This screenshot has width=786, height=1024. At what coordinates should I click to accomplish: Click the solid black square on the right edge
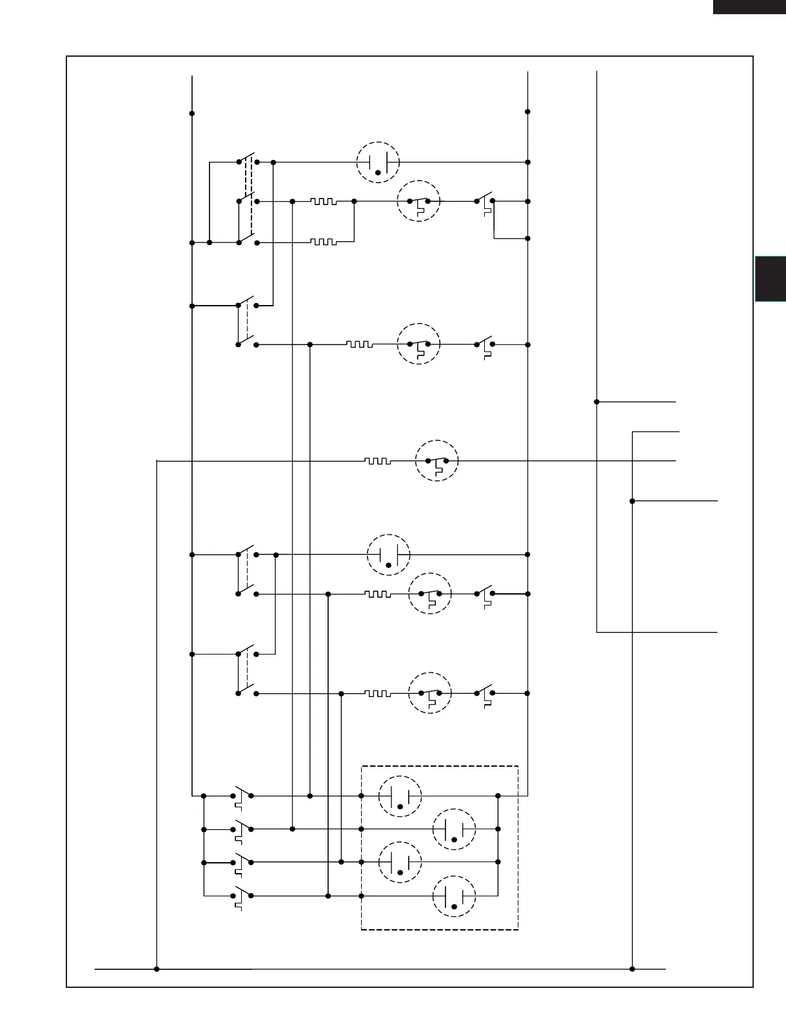[771, 279]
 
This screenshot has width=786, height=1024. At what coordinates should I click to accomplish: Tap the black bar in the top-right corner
[749, 6]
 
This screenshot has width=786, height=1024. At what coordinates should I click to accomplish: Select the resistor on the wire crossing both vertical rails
[377, 461]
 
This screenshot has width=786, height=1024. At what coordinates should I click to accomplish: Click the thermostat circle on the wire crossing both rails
[437, 461]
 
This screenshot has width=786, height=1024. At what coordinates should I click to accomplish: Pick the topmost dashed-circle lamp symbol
[378, 162]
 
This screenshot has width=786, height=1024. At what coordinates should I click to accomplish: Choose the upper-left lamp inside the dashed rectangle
[400, 796]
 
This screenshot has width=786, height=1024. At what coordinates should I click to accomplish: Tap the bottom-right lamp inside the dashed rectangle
[454, 896]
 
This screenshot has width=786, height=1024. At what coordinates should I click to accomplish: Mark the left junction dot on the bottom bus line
[157, 969]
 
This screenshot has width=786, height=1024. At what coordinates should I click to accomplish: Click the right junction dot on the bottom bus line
[632, 969]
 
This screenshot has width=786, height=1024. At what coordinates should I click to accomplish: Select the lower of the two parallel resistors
[323, 242]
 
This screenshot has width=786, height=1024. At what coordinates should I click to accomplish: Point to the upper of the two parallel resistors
[323, 201]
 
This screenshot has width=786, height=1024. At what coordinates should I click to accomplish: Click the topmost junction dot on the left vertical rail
[192, 113]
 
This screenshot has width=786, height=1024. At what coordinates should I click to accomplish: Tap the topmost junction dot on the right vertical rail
[527, 112]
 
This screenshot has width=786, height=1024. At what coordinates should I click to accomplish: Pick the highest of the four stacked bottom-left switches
[242, 796]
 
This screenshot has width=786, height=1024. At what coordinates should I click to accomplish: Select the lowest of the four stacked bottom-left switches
[242, 896]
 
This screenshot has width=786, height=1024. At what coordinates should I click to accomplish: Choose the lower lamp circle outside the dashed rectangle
[388, 555]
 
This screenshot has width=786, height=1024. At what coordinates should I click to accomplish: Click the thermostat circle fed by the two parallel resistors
[418, 201]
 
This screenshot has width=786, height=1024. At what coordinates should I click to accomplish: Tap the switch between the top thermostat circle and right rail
[485, 201]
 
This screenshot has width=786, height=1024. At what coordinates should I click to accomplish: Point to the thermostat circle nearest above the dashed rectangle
[430, 693]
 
